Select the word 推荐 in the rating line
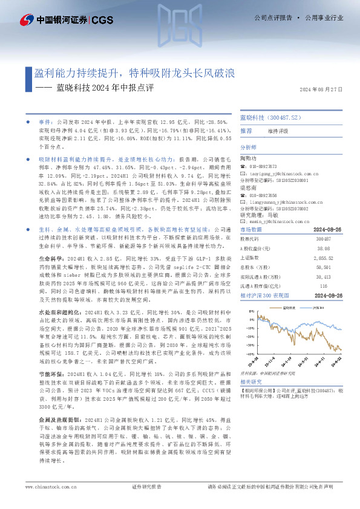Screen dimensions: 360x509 246,131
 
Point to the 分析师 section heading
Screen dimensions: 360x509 249,147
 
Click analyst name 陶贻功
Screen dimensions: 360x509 249,158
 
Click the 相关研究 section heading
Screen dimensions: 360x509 250,381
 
